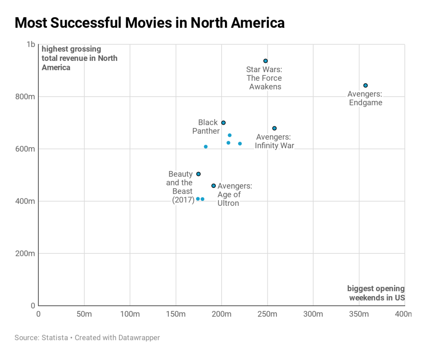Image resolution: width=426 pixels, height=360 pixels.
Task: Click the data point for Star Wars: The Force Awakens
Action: [265, 61]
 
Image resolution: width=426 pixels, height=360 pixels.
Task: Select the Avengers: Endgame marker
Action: [366, 85]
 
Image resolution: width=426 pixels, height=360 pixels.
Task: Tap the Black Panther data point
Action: [223, 123]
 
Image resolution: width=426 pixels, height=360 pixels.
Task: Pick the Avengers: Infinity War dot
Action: [274, 128]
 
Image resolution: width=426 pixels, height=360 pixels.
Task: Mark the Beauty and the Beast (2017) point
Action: [198, 174]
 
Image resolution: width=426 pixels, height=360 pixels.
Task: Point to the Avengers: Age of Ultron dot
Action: [214, 186]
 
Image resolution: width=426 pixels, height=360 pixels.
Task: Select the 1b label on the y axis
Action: [30, 44]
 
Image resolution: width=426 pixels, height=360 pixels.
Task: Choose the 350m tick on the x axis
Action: [359, 314]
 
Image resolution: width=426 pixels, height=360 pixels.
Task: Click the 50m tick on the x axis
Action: [84, 314]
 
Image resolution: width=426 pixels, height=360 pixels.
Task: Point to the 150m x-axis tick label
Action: [176, 314]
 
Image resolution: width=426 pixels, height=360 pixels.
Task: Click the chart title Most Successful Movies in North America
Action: [149, 23]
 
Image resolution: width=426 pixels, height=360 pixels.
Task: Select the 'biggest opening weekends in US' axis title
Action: [376, 293]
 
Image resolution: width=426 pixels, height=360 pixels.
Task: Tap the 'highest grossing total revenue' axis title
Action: [79, 58]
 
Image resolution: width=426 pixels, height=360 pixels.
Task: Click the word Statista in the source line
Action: [55, 337]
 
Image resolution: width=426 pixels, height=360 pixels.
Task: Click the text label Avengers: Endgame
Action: [365, 98]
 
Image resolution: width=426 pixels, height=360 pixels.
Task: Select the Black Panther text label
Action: [206, 127]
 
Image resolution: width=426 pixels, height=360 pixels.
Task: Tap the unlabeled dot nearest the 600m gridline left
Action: [206, 147]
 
